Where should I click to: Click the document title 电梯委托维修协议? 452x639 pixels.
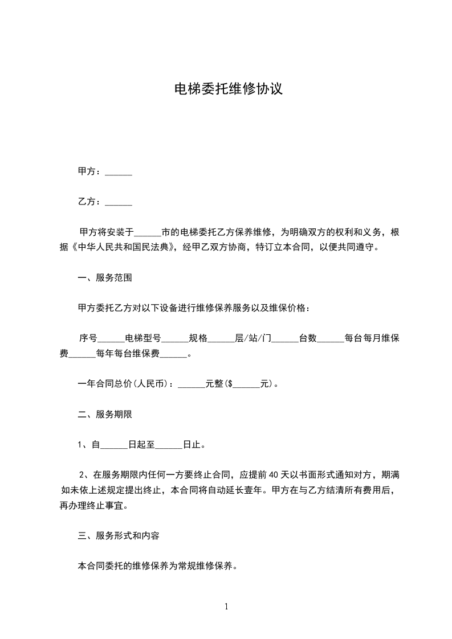click(228, 89)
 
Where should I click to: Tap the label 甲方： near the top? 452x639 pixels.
click(90, 171)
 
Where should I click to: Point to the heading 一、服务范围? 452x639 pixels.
click(105, 278)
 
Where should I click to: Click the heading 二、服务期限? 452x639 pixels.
click(105, 414)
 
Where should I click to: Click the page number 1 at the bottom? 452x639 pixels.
click(226, 607)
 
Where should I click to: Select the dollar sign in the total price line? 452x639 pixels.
click(230, 384)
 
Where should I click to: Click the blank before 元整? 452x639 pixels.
click(191, 384)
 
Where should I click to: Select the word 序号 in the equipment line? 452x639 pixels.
click(88, 338)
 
